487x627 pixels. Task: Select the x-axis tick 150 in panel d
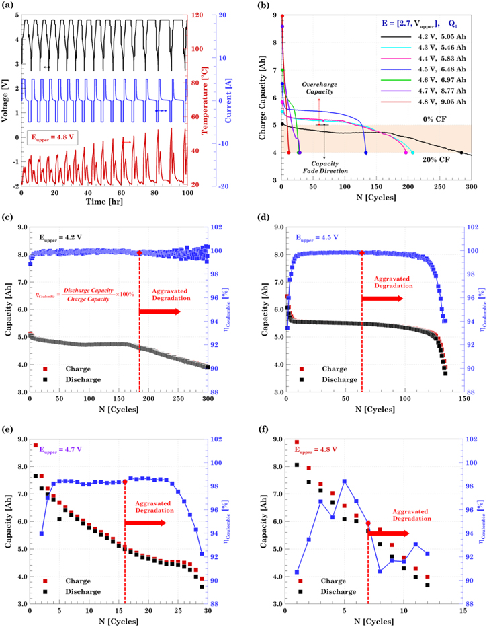click(462, 399)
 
